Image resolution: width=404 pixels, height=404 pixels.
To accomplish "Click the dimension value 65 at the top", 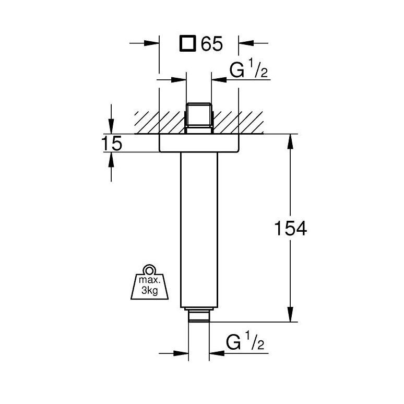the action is pos(211,43).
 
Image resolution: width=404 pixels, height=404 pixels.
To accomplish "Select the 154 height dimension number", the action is pos(291,228).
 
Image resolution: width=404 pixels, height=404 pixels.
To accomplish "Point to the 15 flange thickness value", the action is pos(112,144).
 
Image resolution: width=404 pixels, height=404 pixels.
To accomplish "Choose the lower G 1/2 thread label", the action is pos(245,342).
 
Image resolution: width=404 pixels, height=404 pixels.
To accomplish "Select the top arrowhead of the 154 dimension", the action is pos(290,141).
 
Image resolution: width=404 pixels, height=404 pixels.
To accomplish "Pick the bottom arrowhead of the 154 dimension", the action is pos(290,314).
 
